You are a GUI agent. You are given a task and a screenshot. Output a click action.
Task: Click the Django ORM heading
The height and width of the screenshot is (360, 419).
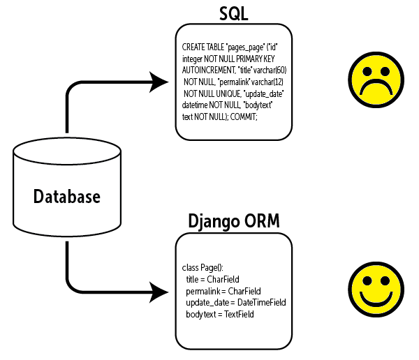(x=233, y=221)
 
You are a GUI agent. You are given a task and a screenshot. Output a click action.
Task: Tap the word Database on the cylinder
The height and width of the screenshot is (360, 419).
(x=67, y=196)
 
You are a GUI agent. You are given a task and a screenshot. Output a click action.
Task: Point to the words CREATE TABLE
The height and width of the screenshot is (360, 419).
(x=203, y=47)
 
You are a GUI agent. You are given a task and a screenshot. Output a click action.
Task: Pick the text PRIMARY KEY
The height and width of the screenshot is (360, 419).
(x=261, y=59)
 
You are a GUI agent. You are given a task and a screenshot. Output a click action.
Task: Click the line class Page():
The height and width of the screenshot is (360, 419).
(x=203, y=267)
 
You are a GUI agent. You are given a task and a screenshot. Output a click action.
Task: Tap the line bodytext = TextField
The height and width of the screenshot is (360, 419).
(x=219, y=315)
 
